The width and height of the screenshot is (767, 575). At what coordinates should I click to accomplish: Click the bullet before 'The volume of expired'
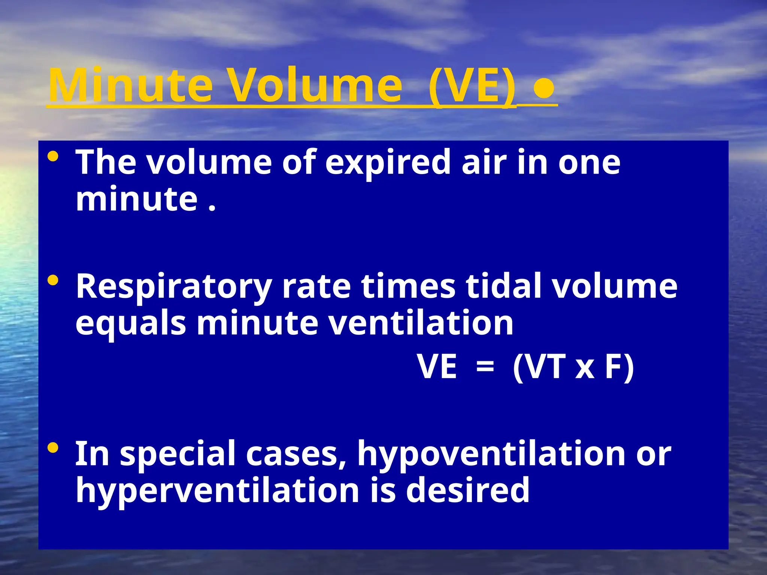click(x=53, y=156)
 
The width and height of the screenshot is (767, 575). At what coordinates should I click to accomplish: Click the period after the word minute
click(x=212, y=208)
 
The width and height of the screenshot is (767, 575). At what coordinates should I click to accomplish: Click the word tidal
click(x=503, y=286)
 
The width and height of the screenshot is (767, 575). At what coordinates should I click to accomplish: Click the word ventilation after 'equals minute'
click(x=421, y=323)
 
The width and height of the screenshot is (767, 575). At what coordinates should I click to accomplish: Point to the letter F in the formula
click(x=613, y=367)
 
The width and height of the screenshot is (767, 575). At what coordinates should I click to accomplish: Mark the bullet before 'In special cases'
click(x=53, y=448)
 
